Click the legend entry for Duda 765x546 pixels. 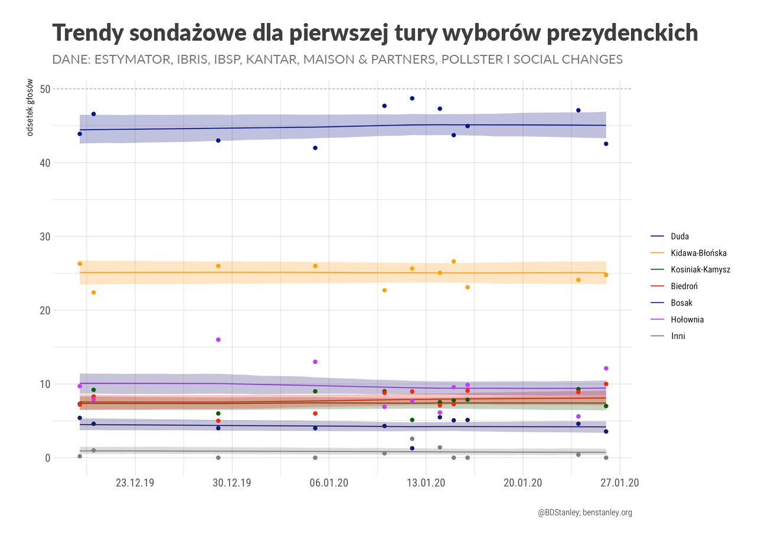[679, 236]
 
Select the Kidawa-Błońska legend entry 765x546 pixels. [698, 253]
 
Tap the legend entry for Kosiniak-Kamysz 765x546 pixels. [700, 269]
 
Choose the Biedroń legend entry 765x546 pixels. [684, 286]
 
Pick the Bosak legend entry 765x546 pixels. [681, 303]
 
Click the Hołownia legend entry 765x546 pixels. [687, 320]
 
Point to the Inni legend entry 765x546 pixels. [678, 336]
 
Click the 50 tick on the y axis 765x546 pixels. [45, 89]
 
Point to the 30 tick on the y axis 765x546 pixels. [45, 236]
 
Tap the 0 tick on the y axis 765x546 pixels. [47, 458]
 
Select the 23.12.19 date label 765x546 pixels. [135, 483]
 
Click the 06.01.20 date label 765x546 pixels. [329, 483]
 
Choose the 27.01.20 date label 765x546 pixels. [620, 483]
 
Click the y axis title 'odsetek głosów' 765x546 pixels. [30, 108]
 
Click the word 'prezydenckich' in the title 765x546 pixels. [622, 33]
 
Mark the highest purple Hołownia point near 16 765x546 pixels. [218, 340]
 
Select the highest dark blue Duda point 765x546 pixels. [412, 98]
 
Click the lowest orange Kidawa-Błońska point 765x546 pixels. [93, 292]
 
